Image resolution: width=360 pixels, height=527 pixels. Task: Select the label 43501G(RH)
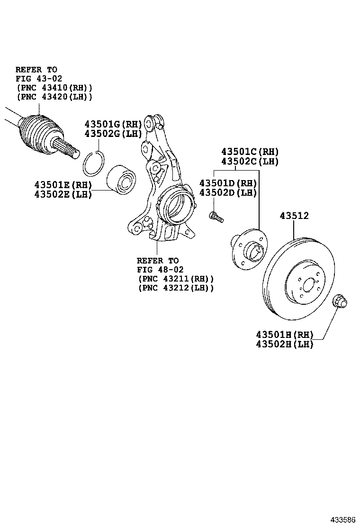(113, 124)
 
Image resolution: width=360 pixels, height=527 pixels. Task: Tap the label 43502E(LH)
(63, 194)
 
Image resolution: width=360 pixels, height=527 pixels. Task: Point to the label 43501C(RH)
(250, 152)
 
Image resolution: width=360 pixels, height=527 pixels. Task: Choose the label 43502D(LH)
(227, 193)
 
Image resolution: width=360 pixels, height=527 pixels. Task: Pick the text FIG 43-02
(38, 79)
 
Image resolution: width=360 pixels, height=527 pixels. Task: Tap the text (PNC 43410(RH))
(54, 88)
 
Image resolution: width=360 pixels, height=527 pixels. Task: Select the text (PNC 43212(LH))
(176, 288)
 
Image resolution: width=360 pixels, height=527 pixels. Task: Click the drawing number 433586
(342, 519)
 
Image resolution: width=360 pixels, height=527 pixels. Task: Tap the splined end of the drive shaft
(69, 149)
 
